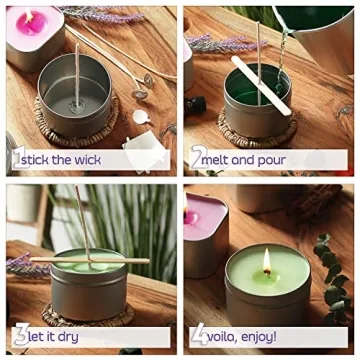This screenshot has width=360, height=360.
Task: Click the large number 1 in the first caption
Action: pyautogui.click(x=17, y=159)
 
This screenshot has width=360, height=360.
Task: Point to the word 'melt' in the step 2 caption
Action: pyautogui.click(x=217, y=159)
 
